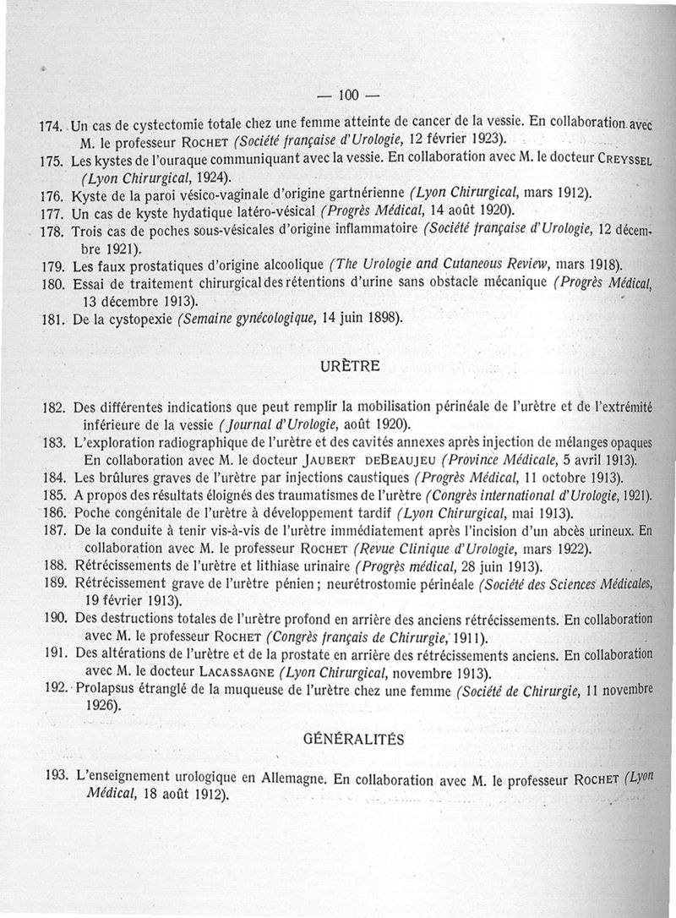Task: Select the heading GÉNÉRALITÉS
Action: point(352,739)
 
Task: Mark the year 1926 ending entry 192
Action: point(102,708)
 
